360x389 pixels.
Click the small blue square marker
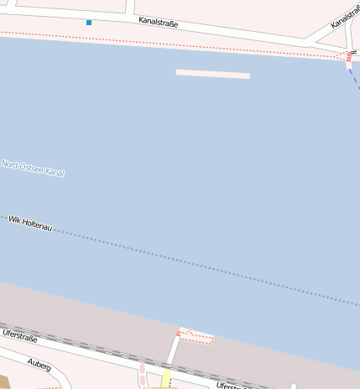[x=89, y=22]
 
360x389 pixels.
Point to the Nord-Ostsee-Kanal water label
[x=33, y=169]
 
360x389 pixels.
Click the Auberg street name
[x=39, y=366]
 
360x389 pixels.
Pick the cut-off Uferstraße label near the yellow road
[x=232, y=386]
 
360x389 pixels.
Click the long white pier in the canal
[x=213, y=75]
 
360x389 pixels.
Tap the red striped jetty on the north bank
[x=348, y=57]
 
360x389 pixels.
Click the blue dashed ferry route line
[x=354, y=77]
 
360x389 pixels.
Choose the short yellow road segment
[x=166, y=377]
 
